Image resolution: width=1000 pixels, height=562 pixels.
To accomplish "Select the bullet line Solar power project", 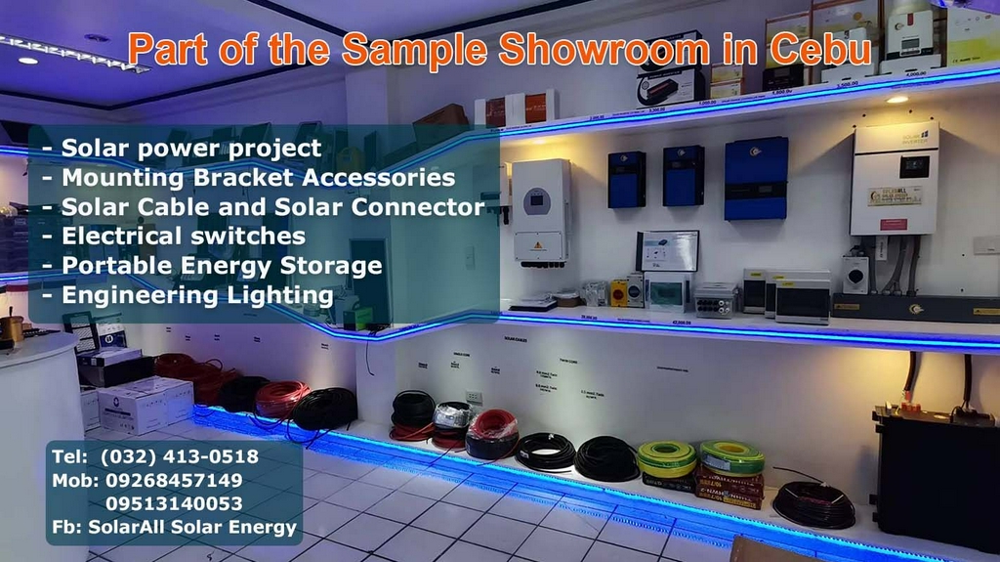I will click(190, 149).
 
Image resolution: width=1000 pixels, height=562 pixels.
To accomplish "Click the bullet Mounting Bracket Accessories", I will click(258, 178).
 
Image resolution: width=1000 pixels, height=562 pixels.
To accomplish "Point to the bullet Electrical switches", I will click(183, 237).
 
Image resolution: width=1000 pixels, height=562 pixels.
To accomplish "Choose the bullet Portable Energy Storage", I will click(221, 266).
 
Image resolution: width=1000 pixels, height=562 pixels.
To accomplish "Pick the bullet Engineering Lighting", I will click(196, 295).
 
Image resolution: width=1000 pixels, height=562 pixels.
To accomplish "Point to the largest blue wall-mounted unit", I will click(756, 178).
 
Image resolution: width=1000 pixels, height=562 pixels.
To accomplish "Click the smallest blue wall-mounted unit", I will click(626, 179).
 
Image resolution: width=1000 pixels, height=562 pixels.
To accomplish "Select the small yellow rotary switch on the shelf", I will click(619, 291).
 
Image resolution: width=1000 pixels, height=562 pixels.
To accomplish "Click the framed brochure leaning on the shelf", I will click(668, 251).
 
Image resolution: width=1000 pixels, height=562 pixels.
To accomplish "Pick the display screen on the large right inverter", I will click(913, 165).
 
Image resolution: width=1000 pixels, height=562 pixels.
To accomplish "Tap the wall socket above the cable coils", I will click(475, 398).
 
